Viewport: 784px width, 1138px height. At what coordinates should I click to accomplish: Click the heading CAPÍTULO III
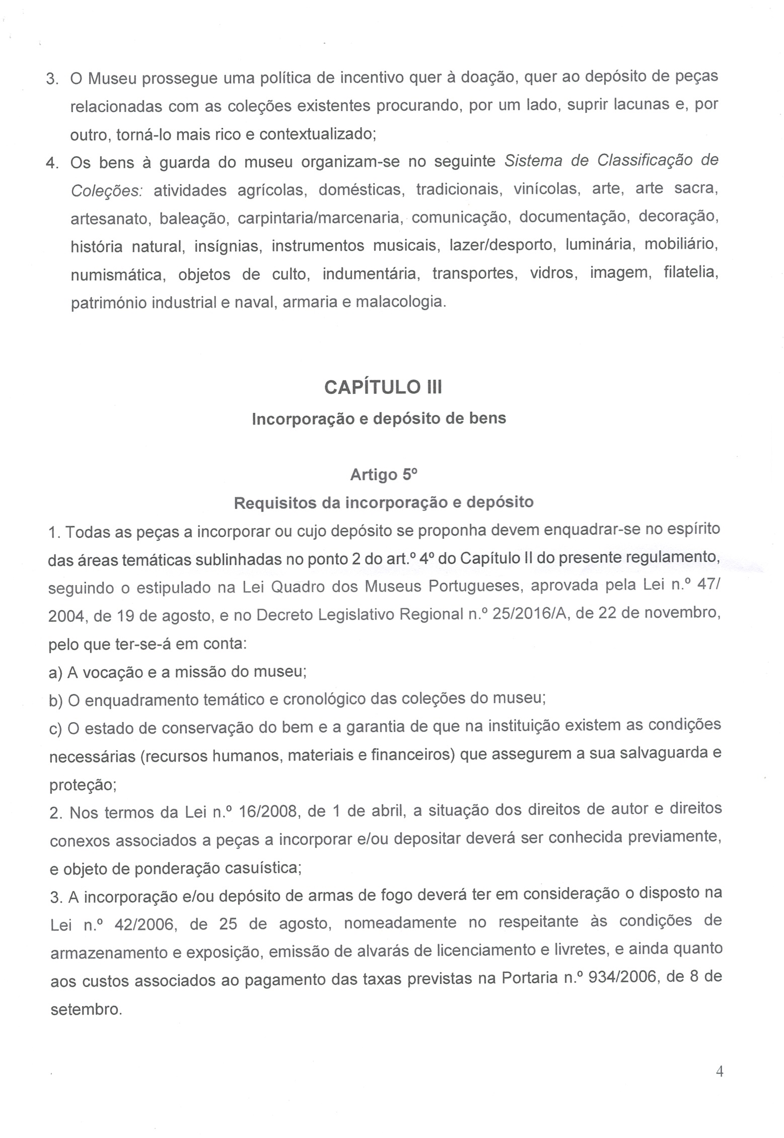pos(383,387)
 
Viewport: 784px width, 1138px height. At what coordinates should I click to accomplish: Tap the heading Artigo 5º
pos(384,474)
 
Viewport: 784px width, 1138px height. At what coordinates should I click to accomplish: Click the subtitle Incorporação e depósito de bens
pos(379,418)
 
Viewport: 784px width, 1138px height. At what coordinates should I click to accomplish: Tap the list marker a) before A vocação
pos(55,673)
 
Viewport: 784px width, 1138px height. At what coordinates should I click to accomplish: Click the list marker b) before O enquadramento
pos(56,701)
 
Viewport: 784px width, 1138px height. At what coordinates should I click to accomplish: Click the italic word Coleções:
pos(107,190)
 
